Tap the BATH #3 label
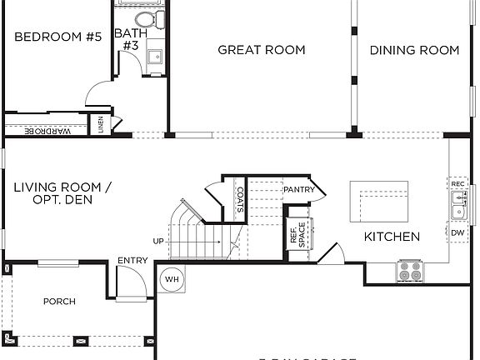click(127, 39)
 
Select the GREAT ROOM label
click(261, 50)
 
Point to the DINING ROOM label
click(414, 50)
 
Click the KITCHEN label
click(392, 237)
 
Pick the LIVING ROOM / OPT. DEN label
click(62, 193)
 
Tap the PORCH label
click(59, 302)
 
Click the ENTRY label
click(132, 261)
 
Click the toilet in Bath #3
click(144, 18)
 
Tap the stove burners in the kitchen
click(409, 271)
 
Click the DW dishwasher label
click(457, 233)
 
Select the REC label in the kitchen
click(457, 182)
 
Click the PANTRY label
click(298, 190)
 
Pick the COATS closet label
click(239, 200)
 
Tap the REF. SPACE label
click(297, 234)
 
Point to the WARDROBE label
click(47, 132)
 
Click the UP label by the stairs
click(158, 241)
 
